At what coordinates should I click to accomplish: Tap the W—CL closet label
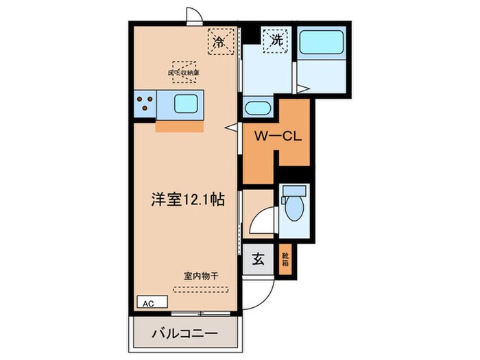click(275, 136)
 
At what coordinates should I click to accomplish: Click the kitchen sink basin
click(187, 104)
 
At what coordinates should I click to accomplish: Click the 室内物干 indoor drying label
click(200, 276)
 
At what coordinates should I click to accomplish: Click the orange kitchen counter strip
click(180, 126)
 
